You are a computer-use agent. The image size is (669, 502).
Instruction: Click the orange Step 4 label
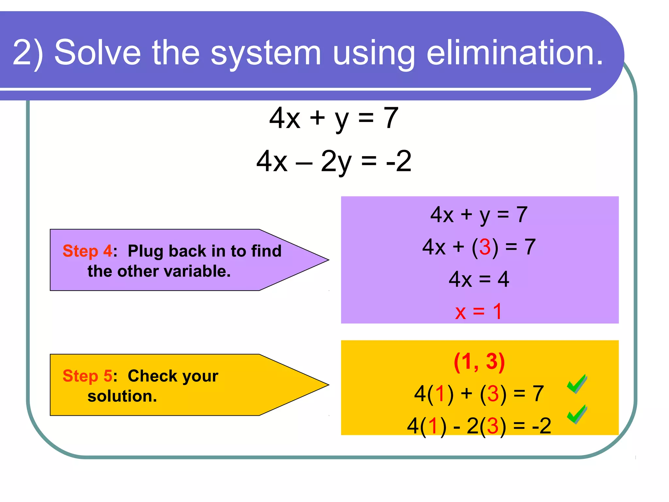pos(87,251)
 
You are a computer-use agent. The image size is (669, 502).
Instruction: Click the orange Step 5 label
pos(87,376)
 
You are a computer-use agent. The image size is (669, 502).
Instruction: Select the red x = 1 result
pos(479,311)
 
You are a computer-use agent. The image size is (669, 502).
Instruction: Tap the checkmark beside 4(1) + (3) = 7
pos(577,384)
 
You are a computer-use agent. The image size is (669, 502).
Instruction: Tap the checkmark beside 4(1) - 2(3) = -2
pos(577,414)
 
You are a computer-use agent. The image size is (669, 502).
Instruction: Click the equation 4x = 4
pos(479,279)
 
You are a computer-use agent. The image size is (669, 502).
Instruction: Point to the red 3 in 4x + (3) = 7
pos(485,247)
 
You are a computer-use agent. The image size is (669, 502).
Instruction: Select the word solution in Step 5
pos(122,396)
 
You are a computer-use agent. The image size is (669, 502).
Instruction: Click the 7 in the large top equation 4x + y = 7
pos(391,118)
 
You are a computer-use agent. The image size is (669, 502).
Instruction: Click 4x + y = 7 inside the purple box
pos(479,215)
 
